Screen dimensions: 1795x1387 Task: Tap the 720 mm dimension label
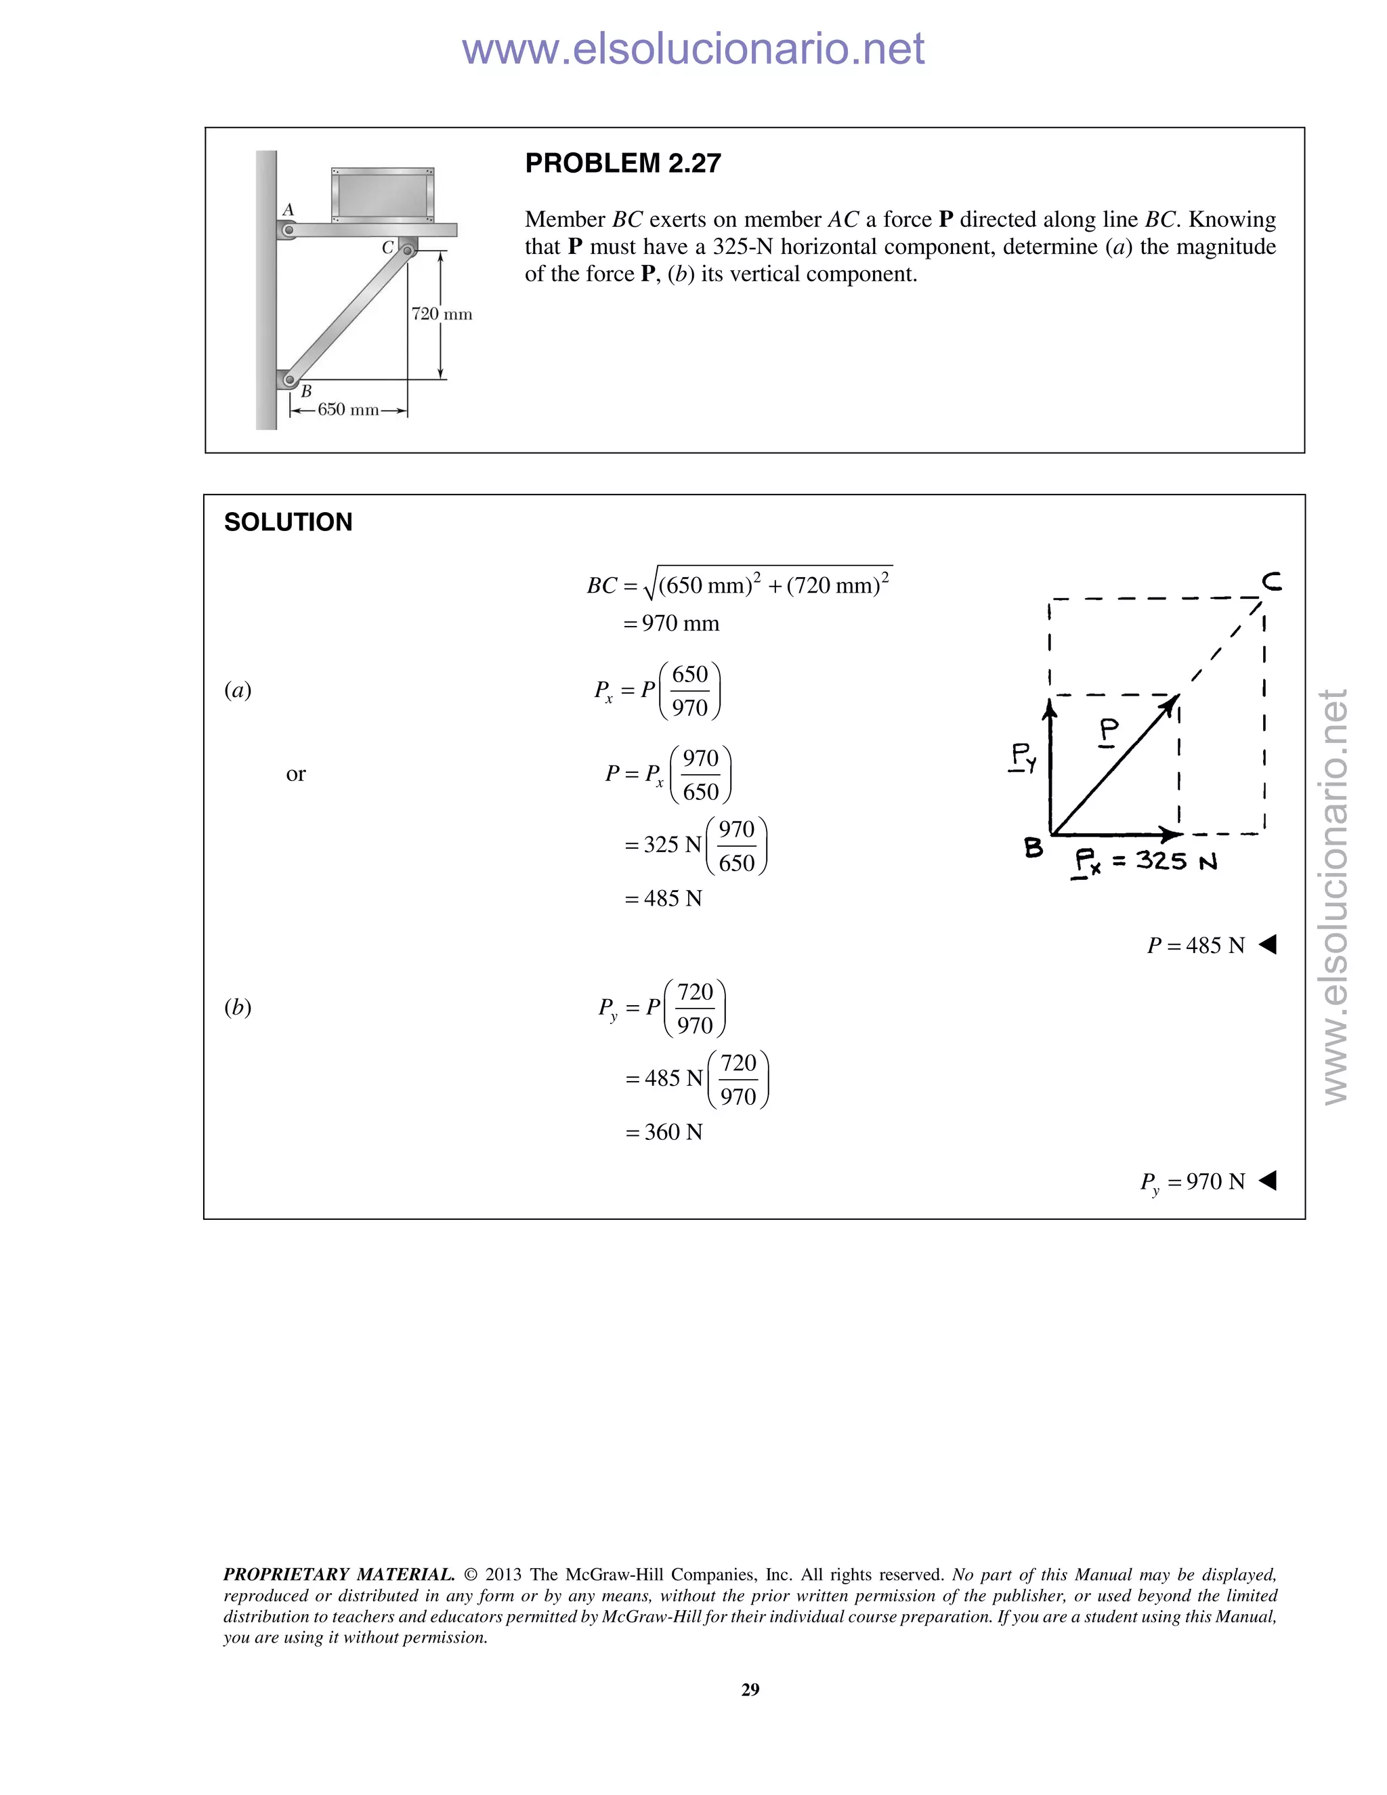point(442,314)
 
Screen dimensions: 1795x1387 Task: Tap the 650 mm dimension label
point(348,409)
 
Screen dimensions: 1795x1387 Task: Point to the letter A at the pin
point(289,211)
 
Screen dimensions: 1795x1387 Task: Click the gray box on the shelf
point(382,194)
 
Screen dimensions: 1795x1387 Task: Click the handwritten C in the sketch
point(1271,582)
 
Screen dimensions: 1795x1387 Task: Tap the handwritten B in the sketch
point(1033,847)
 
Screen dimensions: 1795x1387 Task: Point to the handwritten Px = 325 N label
point(1145,862)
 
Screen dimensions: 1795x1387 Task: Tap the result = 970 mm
point(671,624)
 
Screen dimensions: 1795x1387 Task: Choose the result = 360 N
point(664,1133)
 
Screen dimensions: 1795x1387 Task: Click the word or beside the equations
point(296,774)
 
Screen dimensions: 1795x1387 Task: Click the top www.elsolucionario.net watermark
point(693,49)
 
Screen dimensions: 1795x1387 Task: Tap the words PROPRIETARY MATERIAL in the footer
point(339,1574)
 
